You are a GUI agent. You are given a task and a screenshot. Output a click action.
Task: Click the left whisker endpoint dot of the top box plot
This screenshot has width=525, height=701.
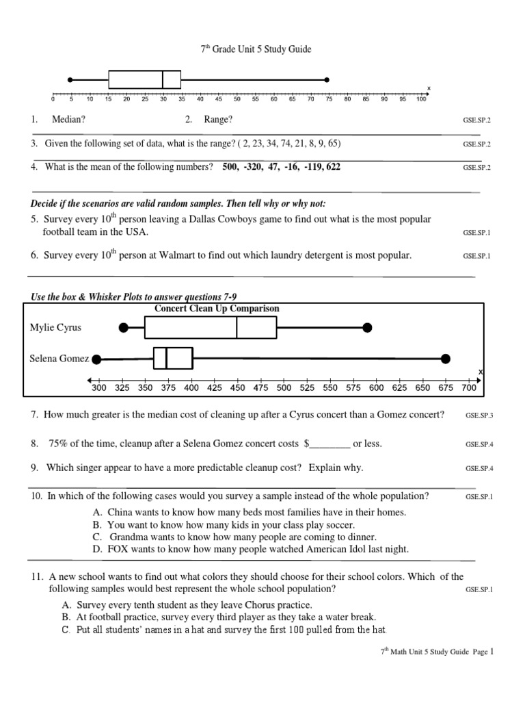pos(71,79)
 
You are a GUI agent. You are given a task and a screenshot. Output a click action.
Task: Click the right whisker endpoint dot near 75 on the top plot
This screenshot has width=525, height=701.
pos(327,79)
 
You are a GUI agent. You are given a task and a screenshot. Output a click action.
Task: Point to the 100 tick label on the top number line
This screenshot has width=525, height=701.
pos(420,99)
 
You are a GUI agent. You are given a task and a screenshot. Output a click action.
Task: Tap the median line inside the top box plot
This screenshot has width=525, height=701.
pos(163,79)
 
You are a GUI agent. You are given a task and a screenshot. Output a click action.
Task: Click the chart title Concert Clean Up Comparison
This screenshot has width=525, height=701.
pos(217,309)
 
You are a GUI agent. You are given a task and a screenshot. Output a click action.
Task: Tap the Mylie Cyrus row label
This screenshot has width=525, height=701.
pos(55,327)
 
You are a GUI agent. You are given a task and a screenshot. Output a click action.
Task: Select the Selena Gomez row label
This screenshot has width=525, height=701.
pos(59,358)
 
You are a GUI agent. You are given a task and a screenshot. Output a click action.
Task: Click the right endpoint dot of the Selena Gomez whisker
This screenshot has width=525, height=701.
pos(446,358)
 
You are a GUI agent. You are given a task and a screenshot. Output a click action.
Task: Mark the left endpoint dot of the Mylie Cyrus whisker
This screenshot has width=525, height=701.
pos(124,328)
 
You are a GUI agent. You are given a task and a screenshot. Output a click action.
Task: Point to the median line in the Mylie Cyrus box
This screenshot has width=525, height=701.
pos(237,328)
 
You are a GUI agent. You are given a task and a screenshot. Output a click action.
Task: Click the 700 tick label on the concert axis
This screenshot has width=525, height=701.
pos(469,388)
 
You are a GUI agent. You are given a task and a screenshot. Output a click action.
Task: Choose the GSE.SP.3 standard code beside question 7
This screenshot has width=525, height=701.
pos(479,416)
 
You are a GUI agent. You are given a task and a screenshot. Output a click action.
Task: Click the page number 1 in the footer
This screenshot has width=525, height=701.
pos(491,652)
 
